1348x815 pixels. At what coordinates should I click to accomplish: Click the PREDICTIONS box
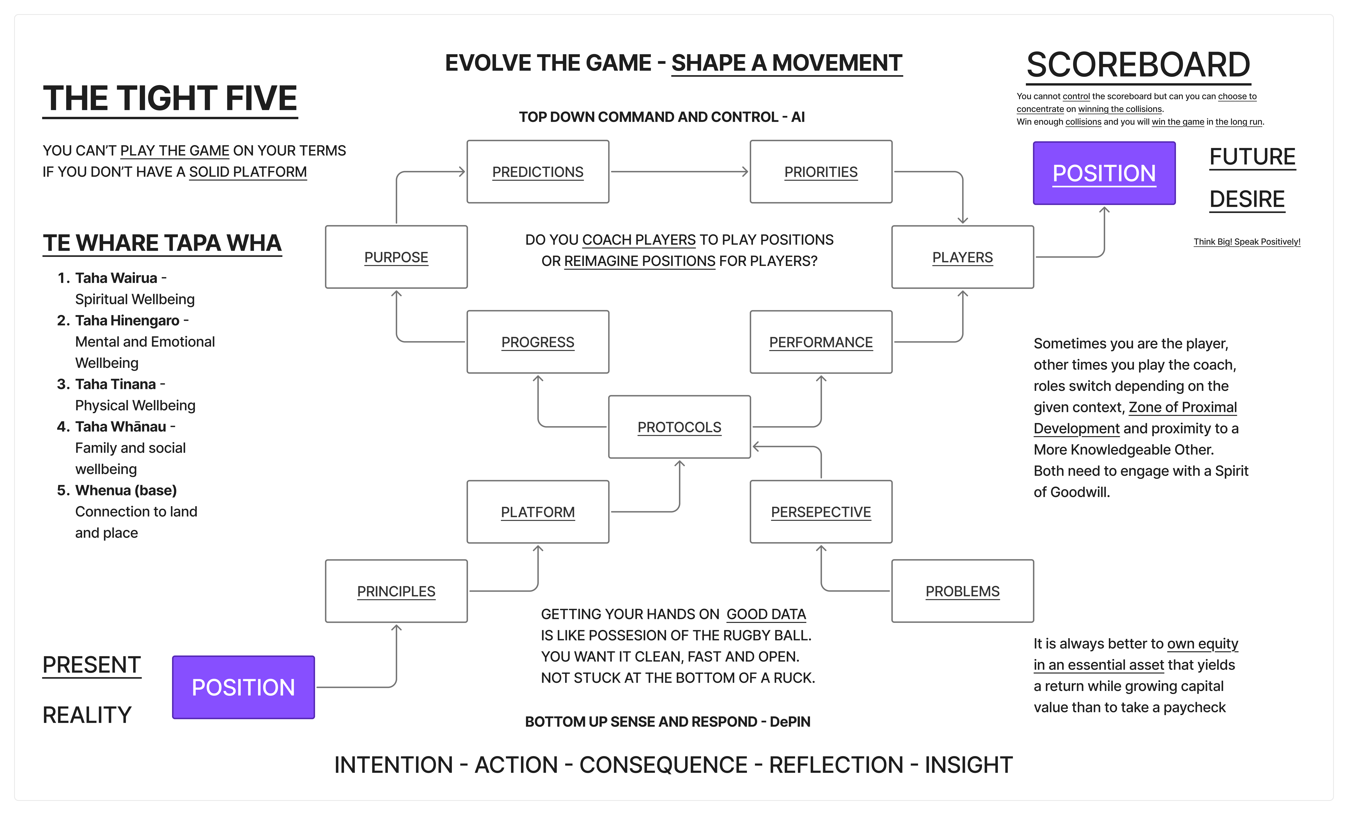(538, 172)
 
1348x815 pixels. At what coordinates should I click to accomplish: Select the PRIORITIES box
(821, 172)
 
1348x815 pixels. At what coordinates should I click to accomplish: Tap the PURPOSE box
(396, 257)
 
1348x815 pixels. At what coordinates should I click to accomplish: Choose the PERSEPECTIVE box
(821, 512)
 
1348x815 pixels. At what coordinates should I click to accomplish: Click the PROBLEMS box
(962, 591)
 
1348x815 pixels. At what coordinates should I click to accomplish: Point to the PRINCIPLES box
(396, 591)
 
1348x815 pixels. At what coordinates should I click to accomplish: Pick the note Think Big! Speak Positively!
(1247, 242)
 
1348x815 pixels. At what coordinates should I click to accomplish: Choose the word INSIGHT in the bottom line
(968, 765)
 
